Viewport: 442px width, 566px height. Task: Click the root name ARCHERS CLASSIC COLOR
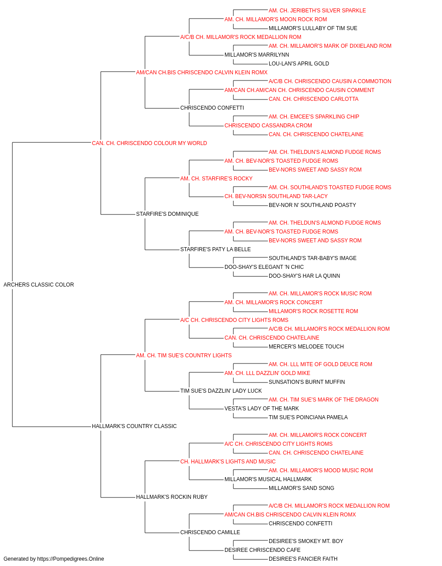coord(38,285)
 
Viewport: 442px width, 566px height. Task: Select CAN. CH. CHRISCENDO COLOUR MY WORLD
coord(149,143)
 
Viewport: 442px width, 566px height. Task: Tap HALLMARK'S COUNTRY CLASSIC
coord(134,426)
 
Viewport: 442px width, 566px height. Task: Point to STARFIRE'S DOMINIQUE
coord(168,214)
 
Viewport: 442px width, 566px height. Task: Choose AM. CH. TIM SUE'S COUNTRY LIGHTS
coord(184,356)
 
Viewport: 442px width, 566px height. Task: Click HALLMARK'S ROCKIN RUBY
coord(172,497)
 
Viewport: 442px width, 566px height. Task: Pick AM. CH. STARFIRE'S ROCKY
coord(216,179)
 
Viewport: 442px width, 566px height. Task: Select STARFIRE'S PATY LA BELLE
coord(216,249)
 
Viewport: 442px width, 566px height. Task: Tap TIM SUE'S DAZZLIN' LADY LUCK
coord(221,391)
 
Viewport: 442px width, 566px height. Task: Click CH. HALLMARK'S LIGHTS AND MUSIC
coord(228,462)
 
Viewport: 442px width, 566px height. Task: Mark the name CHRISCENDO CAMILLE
coord(210,532)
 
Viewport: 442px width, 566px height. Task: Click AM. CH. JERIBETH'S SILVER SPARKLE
coord(317,11)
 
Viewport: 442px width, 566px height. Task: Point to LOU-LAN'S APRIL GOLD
coord(299,64)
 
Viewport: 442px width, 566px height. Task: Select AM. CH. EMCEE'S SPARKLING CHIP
coord(314,117)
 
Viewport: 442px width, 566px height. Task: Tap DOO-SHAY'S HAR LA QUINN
coord(304,276)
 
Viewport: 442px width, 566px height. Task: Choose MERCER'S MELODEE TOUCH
coord(306,347)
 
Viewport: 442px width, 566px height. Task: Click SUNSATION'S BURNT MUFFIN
coord(307,382)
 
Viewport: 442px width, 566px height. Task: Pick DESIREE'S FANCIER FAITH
coord(303,559)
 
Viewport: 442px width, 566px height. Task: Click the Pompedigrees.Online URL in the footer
coord(70,559)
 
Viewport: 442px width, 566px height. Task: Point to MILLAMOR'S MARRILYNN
coord(257,55)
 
